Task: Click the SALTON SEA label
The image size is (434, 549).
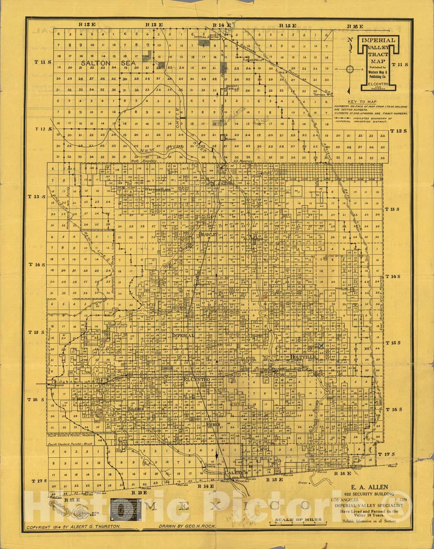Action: (108, 63)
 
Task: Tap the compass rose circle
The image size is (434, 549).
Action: (350, 69)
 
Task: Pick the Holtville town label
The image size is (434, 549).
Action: (303, 357)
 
